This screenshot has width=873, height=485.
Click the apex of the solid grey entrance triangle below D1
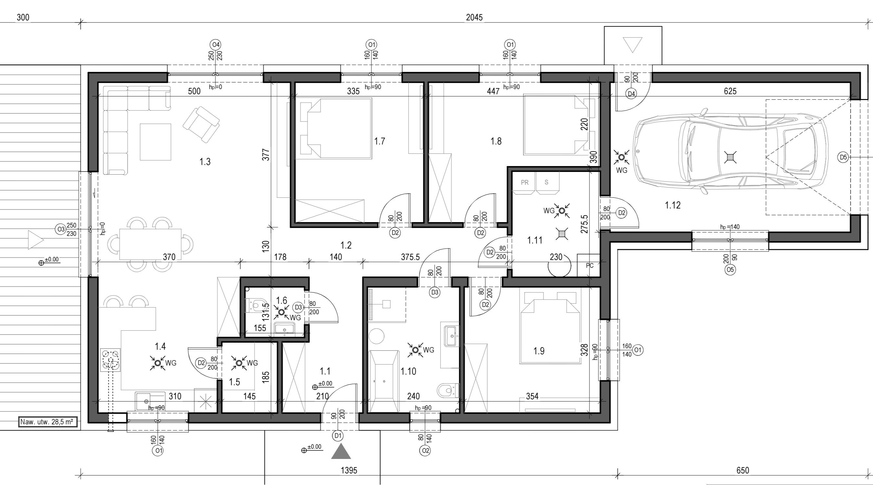341,444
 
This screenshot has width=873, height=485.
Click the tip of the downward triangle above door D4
633,53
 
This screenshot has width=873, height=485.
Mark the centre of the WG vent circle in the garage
621,157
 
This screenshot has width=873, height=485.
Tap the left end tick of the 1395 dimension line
81,473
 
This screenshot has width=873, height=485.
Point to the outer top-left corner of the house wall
88,72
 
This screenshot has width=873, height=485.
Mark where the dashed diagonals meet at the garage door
766,157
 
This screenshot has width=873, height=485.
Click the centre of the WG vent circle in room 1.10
415,350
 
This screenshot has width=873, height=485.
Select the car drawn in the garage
731,151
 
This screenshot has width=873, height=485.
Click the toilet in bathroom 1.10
448,391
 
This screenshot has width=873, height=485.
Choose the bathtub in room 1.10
384,381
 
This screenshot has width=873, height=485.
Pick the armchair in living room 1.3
201,124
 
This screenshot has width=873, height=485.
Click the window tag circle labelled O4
215,45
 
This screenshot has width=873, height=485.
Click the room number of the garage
673,205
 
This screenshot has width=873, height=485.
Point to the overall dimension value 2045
474,17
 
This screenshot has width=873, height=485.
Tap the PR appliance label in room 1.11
525,182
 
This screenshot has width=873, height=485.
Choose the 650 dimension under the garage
743,470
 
